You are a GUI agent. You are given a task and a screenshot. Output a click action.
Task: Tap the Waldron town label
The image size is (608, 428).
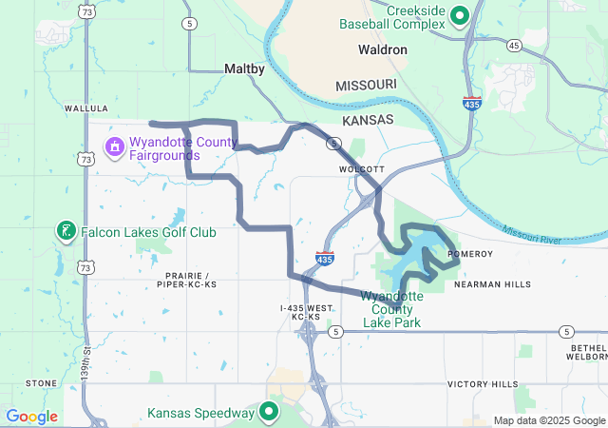[383, 49]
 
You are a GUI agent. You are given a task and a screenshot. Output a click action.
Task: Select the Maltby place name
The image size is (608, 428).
[244, 68]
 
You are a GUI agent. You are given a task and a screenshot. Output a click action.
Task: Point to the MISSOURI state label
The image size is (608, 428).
[366, 86]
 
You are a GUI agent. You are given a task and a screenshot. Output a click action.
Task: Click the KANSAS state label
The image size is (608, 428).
[368, 122]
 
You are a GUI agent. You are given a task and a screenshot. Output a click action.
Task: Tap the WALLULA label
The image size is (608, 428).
[86, 108]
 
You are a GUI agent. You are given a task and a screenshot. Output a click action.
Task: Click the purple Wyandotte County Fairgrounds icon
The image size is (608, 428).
[114, 146]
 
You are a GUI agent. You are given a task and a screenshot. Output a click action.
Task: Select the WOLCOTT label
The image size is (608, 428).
[361, 169]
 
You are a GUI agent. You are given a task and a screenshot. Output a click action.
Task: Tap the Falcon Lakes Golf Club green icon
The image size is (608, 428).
[66, 231]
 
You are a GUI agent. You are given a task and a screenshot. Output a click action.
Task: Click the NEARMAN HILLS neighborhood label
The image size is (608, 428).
[493, 284]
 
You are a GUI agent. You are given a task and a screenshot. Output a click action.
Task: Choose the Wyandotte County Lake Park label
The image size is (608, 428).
[392, 309]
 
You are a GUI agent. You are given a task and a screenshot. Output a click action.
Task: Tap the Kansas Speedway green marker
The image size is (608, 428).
[269, 413]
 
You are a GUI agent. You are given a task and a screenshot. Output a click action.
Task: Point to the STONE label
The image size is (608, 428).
[41, 383]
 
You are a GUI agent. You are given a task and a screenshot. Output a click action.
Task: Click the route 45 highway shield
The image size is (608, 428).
[514, 45]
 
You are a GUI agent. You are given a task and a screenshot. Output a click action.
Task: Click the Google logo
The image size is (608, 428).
[31, 417]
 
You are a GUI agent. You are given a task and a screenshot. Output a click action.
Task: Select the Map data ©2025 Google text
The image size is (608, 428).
[550, 420]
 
